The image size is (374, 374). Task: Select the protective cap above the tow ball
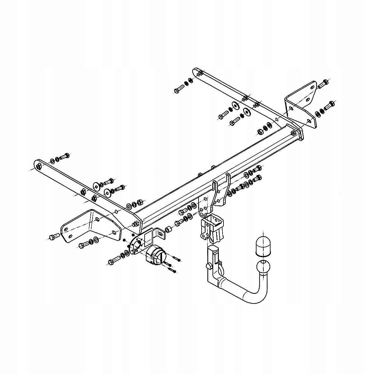pyautogui.click(x=262, y=246)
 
